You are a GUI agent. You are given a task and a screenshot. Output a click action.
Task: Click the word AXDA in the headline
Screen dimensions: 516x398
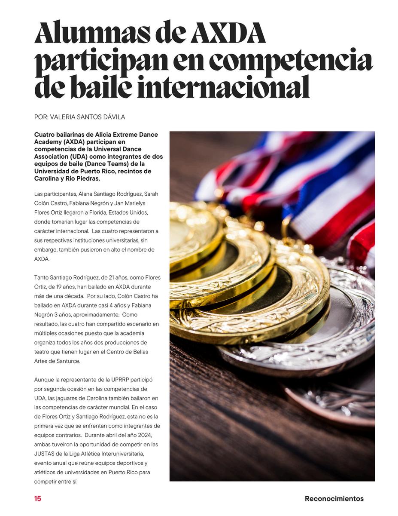tap(228, 33)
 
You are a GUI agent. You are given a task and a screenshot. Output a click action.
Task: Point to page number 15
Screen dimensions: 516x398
tap(38, 499)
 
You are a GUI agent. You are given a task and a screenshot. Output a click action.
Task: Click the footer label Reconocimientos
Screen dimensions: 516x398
tap(334, 499)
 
